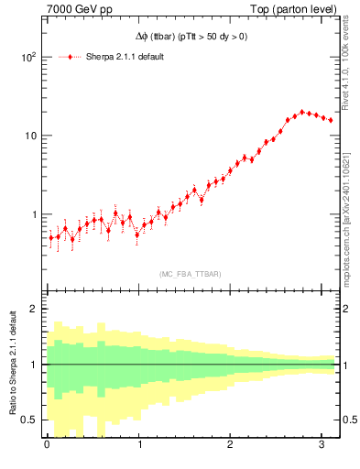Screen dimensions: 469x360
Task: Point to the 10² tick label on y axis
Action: click(x=27, y=57)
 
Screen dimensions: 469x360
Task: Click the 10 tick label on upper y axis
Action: click(x=29, y=136)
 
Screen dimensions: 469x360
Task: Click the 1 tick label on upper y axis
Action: click(x=33, y=214)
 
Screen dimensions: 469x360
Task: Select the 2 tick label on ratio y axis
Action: click(x=33, y=309)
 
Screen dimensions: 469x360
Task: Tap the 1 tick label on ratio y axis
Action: click(x=33, y=365)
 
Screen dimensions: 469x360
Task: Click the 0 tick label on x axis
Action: click(x=48, y=446)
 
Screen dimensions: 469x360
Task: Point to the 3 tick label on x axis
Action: click(x=322, y=446)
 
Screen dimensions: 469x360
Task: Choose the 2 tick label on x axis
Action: click(x=230, y=446)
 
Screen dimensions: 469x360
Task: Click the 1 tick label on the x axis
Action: click(x=139, y=446)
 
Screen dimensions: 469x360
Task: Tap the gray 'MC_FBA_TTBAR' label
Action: click(x=190, y=274)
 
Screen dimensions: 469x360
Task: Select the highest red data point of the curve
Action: click(x=302, y=112)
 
